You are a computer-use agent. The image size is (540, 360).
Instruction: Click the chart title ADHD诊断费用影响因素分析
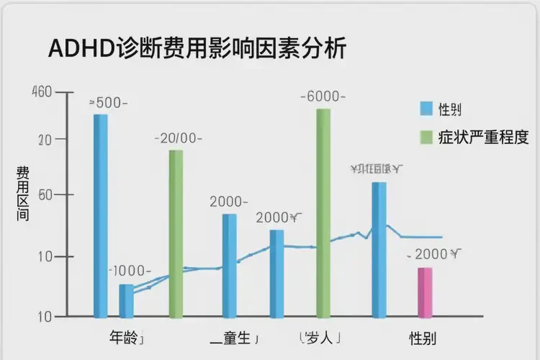click(x=197, y=49)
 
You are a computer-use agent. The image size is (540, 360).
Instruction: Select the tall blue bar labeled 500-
click(x=101, y=216)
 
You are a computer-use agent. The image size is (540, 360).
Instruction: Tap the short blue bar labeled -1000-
click(x=126, y=301)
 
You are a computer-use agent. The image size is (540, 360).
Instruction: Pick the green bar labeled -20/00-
click(x=176, y=234)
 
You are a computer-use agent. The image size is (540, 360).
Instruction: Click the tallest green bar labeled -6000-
click(x=323, y=213)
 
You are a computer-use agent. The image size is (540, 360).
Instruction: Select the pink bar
click(x=426, y=293)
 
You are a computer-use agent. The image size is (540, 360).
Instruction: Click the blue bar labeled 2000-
click(x=229, y=266)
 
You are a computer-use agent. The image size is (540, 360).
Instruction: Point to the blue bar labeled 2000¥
click(x=276, y=274)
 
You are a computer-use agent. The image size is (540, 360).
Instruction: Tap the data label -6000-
click(x=323, y=96)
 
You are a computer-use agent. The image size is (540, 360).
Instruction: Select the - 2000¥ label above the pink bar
click(x=433, y=253)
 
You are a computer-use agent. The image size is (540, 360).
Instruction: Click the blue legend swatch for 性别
click(x=426, y=109)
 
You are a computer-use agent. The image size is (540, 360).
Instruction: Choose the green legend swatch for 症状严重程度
click(x=426, y=137)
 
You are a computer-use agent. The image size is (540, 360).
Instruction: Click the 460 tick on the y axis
click(x=42, y=92)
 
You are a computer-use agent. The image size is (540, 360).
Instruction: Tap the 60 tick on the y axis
click(x=42, y=195)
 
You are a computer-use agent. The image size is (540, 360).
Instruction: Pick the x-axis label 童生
click(x=234, y=337)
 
